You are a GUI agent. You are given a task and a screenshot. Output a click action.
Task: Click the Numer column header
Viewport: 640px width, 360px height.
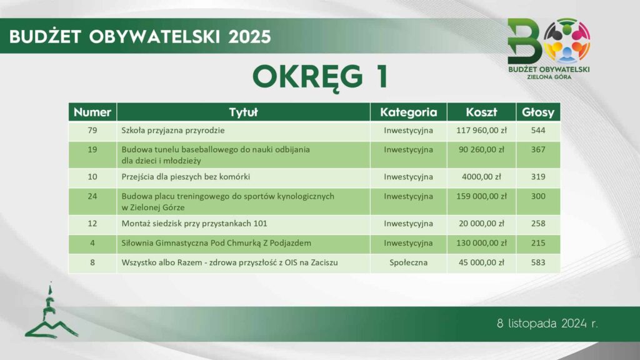tap(92, 112)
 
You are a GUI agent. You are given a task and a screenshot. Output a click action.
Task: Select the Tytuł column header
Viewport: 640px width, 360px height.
tap(243, 112)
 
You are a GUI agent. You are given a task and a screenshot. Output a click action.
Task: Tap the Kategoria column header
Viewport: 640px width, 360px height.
tap(408, 112)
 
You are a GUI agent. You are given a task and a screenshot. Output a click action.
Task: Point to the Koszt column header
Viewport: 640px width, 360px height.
tap(481, 112)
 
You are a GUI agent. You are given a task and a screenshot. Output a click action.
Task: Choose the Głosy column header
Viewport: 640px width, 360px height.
tap(538, 112)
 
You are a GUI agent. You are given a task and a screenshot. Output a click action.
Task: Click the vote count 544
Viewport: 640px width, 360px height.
tap(538, 130)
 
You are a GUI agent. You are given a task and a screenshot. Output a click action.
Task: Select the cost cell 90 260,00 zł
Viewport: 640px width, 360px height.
tap(481, 149)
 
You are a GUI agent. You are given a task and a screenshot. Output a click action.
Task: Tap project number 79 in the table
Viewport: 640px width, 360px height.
tap(92, 130)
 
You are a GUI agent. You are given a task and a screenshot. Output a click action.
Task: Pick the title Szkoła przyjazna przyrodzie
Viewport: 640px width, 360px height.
tap(173, 131)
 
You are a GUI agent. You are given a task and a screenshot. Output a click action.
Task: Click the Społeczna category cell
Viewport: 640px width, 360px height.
tap(408, 262)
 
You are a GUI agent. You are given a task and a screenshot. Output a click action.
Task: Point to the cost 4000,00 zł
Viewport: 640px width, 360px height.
tap(481, 177)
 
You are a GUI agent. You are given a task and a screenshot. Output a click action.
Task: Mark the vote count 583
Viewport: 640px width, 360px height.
tap(538, 262)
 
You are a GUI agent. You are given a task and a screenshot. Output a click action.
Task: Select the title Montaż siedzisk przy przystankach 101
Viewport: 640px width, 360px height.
tap(194, 224)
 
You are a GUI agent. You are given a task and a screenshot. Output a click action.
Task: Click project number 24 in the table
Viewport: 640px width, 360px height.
tap(92, 196)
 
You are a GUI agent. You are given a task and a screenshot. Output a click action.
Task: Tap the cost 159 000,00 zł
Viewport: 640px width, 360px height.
tap(481, 196)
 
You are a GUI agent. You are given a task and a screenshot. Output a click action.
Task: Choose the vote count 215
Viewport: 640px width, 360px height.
tap(538, 243)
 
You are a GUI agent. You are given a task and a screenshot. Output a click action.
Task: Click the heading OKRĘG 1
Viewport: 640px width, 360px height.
tap(320, 77)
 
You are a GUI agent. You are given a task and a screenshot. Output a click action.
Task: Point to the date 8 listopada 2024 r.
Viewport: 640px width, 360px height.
tap(547, 324)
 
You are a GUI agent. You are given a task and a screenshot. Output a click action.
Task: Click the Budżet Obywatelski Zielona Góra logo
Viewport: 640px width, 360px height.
tap(549, 49)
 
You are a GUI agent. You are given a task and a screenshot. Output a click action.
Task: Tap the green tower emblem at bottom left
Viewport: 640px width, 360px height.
tap(51, 312)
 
